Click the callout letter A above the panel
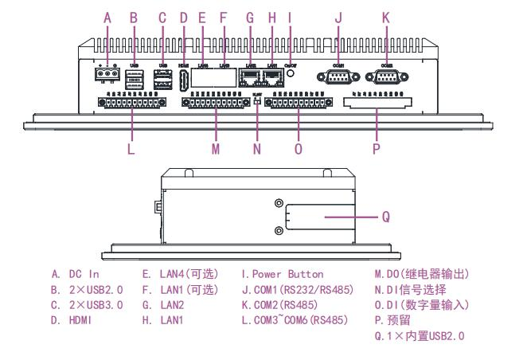(109, 16)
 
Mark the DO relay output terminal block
(215, 103)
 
